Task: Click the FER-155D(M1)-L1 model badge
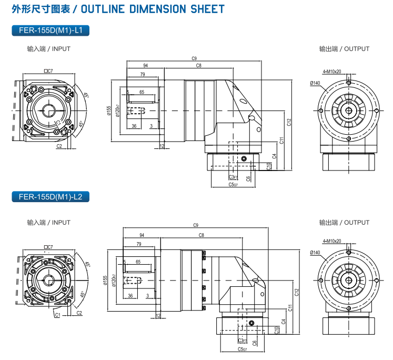click(x=51, y=31)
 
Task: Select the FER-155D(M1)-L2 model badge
click(x=51, y=197)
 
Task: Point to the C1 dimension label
click(x=57, y=315)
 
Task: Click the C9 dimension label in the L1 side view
click(x=194, y=58)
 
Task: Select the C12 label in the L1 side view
click(x=289, y=122)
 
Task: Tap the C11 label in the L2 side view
click(x=290, y=308)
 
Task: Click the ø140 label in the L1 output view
click(x=315, y=83)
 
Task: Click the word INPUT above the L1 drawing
click(x=61, y=49)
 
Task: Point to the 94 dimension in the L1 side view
click(x=145, y=66)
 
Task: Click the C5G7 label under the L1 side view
click(x=233, y=185)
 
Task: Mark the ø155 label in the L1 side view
click(x=109, y=112)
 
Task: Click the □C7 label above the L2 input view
click(x=48, y=247)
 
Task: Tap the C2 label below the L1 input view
click(x=59, y=146)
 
